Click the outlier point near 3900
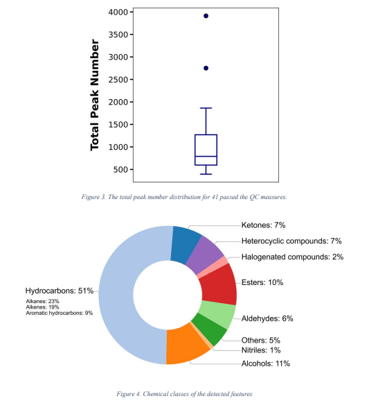point(206,15)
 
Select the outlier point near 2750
point(206,68)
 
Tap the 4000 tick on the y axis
point(118,12)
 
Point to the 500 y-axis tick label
point(120,169)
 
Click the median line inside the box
point(206,157)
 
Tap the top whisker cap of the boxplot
point(206,108)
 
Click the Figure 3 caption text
point(188,197)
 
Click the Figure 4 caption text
point(188,394)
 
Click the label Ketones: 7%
point(263,225)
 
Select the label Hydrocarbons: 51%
point(58,291)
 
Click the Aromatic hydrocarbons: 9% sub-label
point(59,314)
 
